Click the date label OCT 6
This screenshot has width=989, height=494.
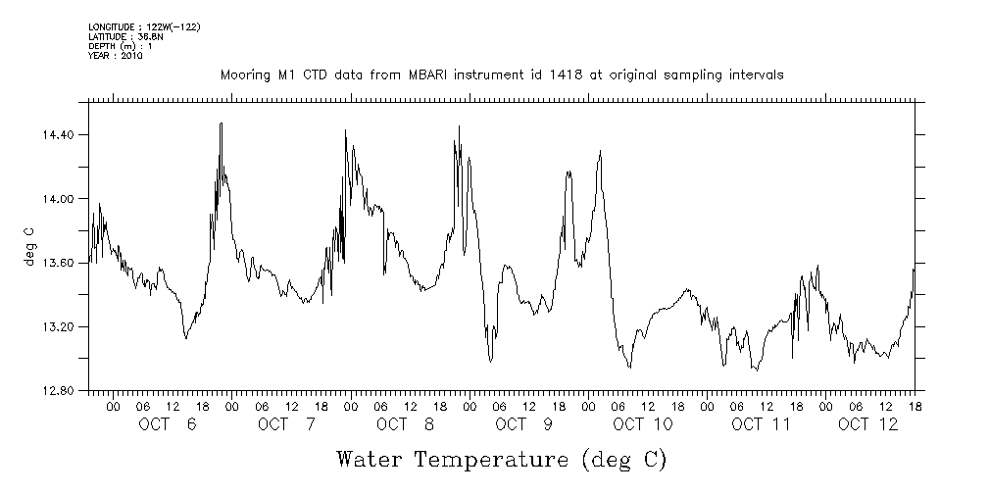pyautogui.click(x=169, y=424)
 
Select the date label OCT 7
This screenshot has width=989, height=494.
pyautogui.click(x=287, y=424)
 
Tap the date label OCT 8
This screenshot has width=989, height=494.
pyautogui.click(x=406, y=424)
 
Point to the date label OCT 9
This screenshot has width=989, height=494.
pyautogui.click(x=524, y=424)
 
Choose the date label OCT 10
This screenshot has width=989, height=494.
pyautogui.click(x=643, y=424)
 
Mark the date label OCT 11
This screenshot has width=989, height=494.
pyautogui.click(x=762, y=424)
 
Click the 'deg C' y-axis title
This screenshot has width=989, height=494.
pyautogui.click(x=29, y=246)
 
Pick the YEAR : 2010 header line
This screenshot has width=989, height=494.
pyautogui.click(x=116, y=57)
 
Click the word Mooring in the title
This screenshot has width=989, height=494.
pyautogui.click(x=243, y=75)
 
